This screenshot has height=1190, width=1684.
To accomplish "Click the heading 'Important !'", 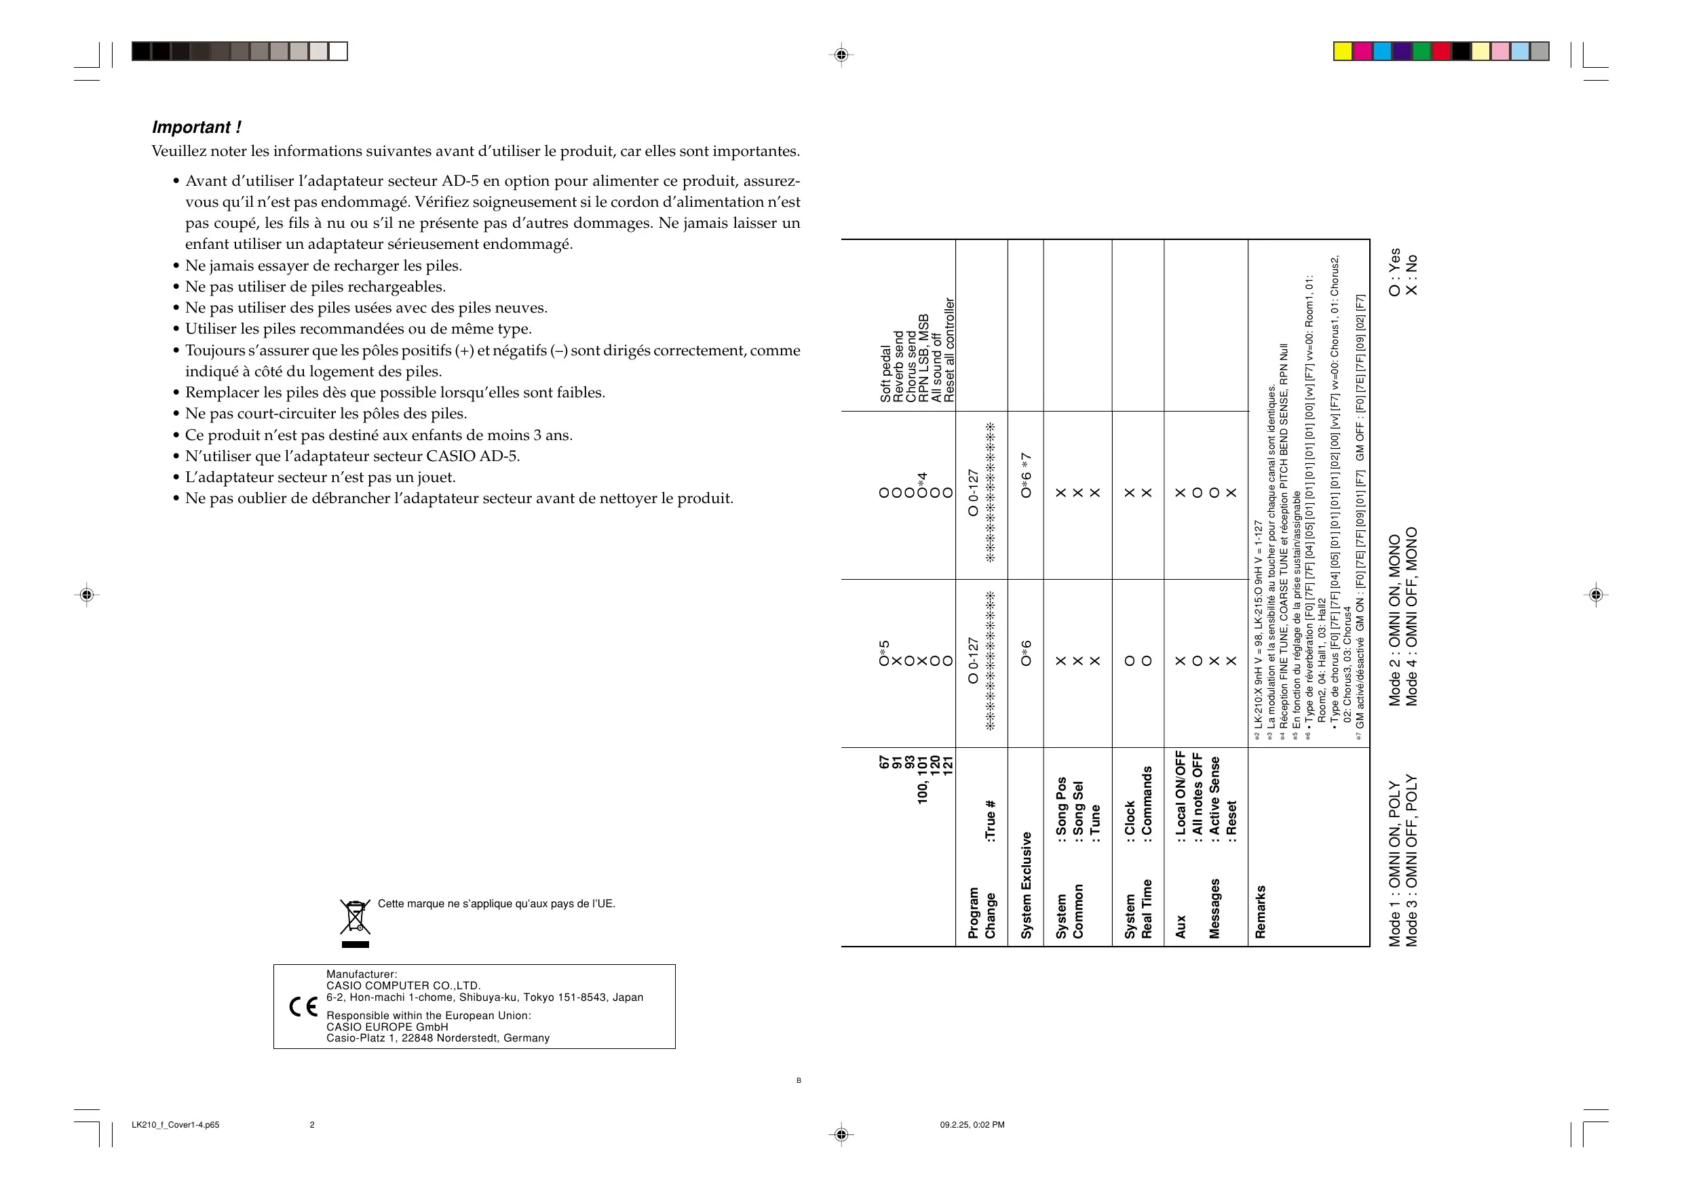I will [x=196, y=127].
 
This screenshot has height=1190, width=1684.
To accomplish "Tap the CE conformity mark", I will [x=303, y=1007].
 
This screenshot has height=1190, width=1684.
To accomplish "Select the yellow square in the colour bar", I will [x=1342, y=52].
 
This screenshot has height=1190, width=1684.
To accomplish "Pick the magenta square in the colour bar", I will [x=1362, y=52].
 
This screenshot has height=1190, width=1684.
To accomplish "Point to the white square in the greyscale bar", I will [x=338, y=52].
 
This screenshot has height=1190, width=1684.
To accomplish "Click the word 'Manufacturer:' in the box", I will [x=362, y=974].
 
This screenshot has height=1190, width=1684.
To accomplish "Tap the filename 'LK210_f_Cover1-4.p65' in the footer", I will [x=175, y=1125].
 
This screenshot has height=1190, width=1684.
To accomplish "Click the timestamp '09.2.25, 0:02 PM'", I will [x=972, y=1125].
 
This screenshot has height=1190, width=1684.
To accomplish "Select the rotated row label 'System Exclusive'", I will [x=1026, y=885].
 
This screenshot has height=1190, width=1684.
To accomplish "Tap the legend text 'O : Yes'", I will [x=1394, y=272].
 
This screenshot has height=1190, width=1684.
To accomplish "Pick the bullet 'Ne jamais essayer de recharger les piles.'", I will [x=324, y=265].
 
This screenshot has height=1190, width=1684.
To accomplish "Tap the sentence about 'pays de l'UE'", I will [x=496, y=903].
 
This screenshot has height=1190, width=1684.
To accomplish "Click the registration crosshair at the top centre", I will [x=841, y=54].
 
